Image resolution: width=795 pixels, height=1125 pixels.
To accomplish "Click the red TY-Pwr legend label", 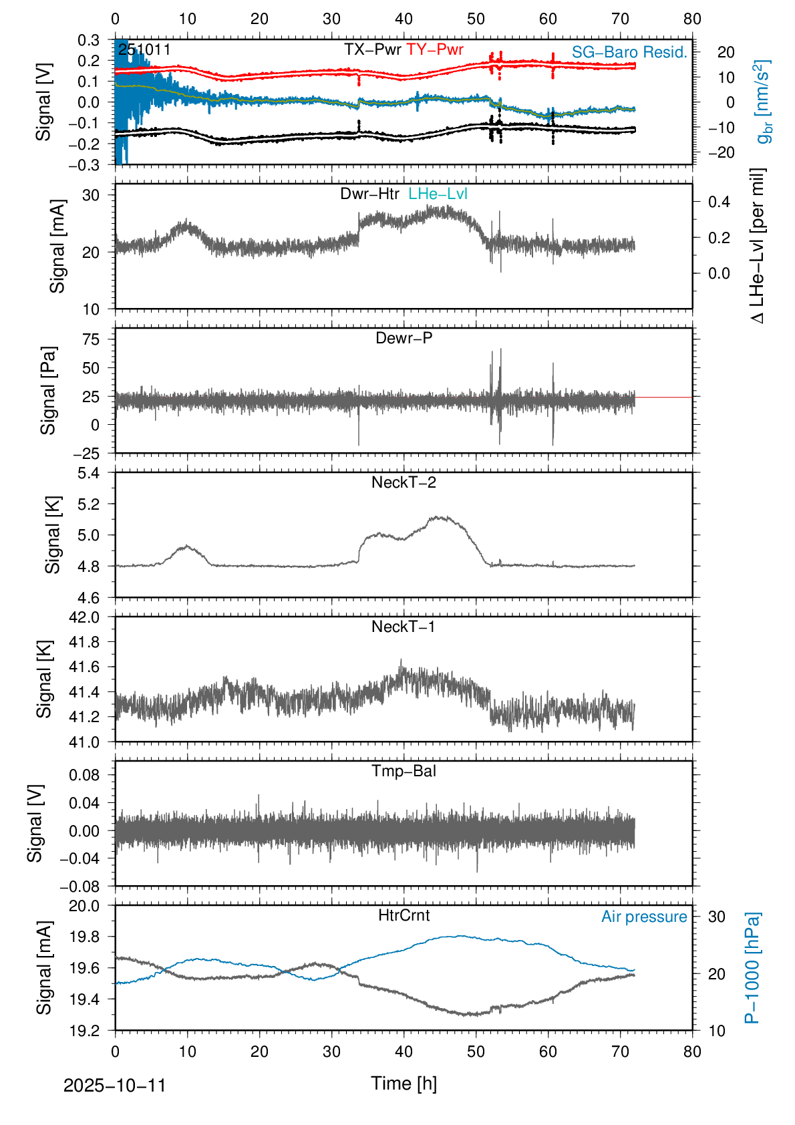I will pyautogui.click(x=434, y=49).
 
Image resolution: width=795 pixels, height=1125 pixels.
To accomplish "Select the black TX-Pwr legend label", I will pyautogui.click(x=372, y=49).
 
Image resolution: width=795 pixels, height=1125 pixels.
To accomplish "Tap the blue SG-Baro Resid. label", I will pyautogui.click(x=629, y=52).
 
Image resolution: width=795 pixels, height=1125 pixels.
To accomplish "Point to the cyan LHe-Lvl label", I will pyautogui.click(x=438, y=194).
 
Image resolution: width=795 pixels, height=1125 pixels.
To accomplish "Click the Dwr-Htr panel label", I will pyautogui.click(x=369, y=194).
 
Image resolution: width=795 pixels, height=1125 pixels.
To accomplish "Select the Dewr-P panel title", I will pyautogui.click(x=404, y=338).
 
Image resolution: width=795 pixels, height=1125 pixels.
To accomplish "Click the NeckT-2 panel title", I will pyautogui.click(x=404, y=482).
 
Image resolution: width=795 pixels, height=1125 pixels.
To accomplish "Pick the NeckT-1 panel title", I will pyautogui.click(x=404, y=627).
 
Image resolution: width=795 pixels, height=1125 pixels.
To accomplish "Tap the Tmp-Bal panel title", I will pyautogui.click(x=404, y=771).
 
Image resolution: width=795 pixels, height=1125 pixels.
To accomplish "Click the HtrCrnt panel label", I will pyautogui.click(x=404, y=915).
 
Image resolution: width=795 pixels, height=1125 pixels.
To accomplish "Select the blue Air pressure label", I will pyautogui.click(x=644, y=917).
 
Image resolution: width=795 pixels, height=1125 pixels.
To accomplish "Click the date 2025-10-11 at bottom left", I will pyautogui.click(x=114, y=1086).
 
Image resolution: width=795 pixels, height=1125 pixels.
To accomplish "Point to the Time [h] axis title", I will pyautogui.click(x=404, y=1083).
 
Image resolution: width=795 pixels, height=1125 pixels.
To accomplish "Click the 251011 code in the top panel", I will pyautogui.click(x=144, y=49).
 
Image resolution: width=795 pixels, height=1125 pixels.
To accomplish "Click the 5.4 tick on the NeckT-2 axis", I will pyautogui.click(x=88, y=473).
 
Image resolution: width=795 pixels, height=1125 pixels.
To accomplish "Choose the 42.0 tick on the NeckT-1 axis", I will pyautogui.click(x=84, y=617).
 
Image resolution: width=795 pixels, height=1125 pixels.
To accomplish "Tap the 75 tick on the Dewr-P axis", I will pyautogui.click(x=91, y=339).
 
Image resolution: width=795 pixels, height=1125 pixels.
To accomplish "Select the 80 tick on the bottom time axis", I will pyautogui.click(x=692, y=1052).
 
